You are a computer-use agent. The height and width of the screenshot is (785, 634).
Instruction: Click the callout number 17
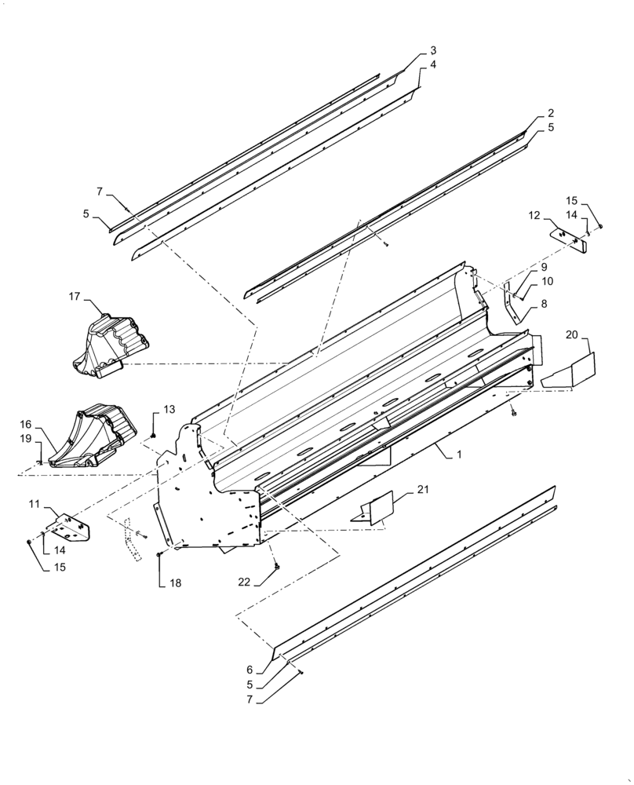75,296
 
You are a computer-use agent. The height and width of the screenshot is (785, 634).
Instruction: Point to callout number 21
423,490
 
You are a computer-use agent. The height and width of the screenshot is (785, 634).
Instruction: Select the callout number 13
170,409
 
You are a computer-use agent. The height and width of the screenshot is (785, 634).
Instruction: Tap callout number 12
534,214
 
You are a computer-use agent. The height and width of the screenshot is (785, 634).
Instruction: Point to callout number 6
250,670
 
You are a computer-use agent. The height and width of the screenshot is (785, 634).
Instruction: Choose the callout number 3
433,50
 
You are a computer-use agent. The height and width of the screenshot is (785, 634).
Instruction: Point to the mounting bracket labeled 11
71,528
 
